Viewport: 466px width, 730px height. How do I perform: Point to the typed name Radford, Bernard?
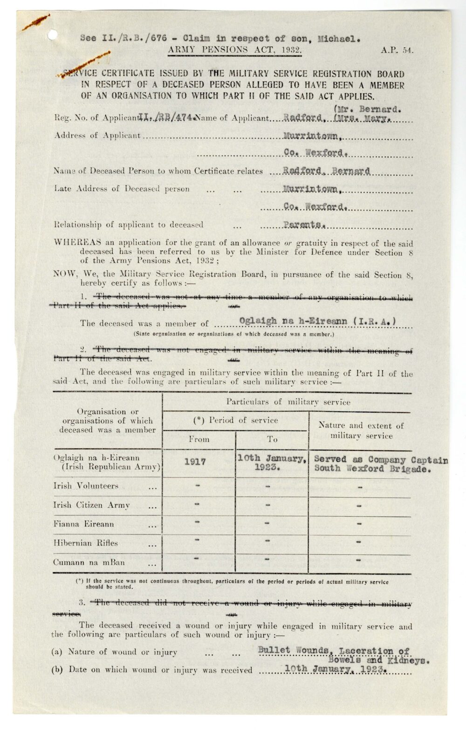[x=326, y=171]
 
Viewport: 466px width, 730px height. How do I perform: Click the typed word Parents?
[x=303, y=225]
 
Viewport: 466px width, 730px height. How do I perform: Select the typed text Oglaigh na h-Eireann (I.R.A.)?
[x=317, y=321]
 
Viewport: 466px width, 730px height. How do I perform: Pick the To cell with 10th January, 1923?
[x=272, y=463]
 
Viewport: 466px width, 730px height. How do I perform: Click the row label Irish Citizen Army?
[x=92, y=505]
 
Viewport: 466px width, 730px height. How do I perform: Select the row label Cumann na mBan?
[x=89, y=562]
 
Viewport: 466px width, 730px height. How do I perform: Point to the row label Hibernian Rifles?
[x=86, y=543]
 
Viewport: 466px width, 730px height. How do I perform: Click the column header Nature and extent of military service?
[x=361, y=430]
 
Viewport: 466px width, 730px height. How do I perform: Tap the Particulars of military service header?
[x=288, y=402]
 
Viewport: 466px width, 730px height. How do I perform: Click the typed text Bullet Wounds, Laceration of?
[x=334, y=650]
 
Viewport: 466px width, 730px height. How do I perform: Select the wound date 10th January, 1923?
[x=336, y=669]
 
